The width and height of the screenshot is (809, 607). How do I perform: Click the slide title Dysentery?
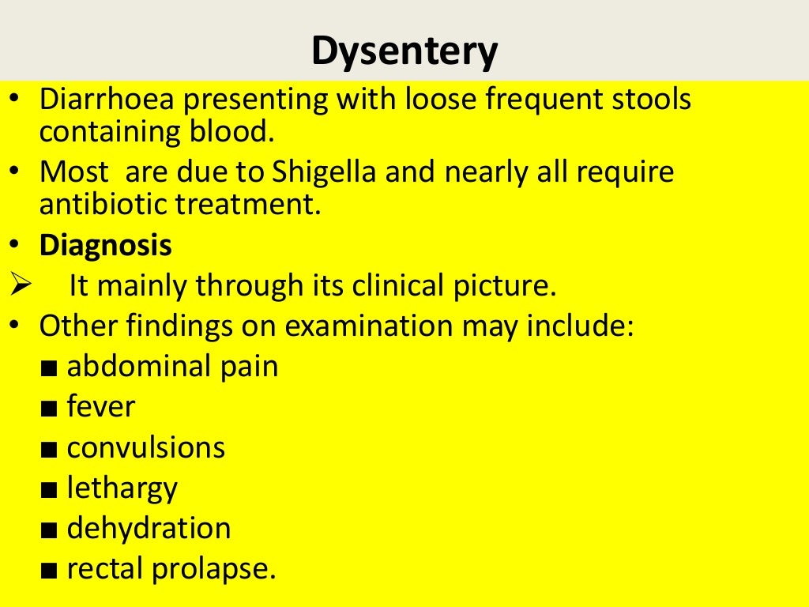[404, 52]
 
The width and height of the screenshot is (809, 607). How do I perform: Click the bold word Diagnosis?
[106, 245]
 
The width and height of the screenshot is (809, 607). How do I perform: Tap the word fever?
[101, 407]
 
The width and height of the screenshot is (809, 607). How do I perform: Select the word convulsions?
[146, 447]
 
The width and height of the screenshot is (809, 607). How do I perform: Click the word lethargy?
[122, 488]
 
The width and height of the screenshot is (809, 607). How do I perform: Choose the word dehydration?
[149, 528]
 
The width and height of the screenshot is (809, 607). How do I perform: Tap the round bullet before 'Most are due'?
[17, 171]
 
